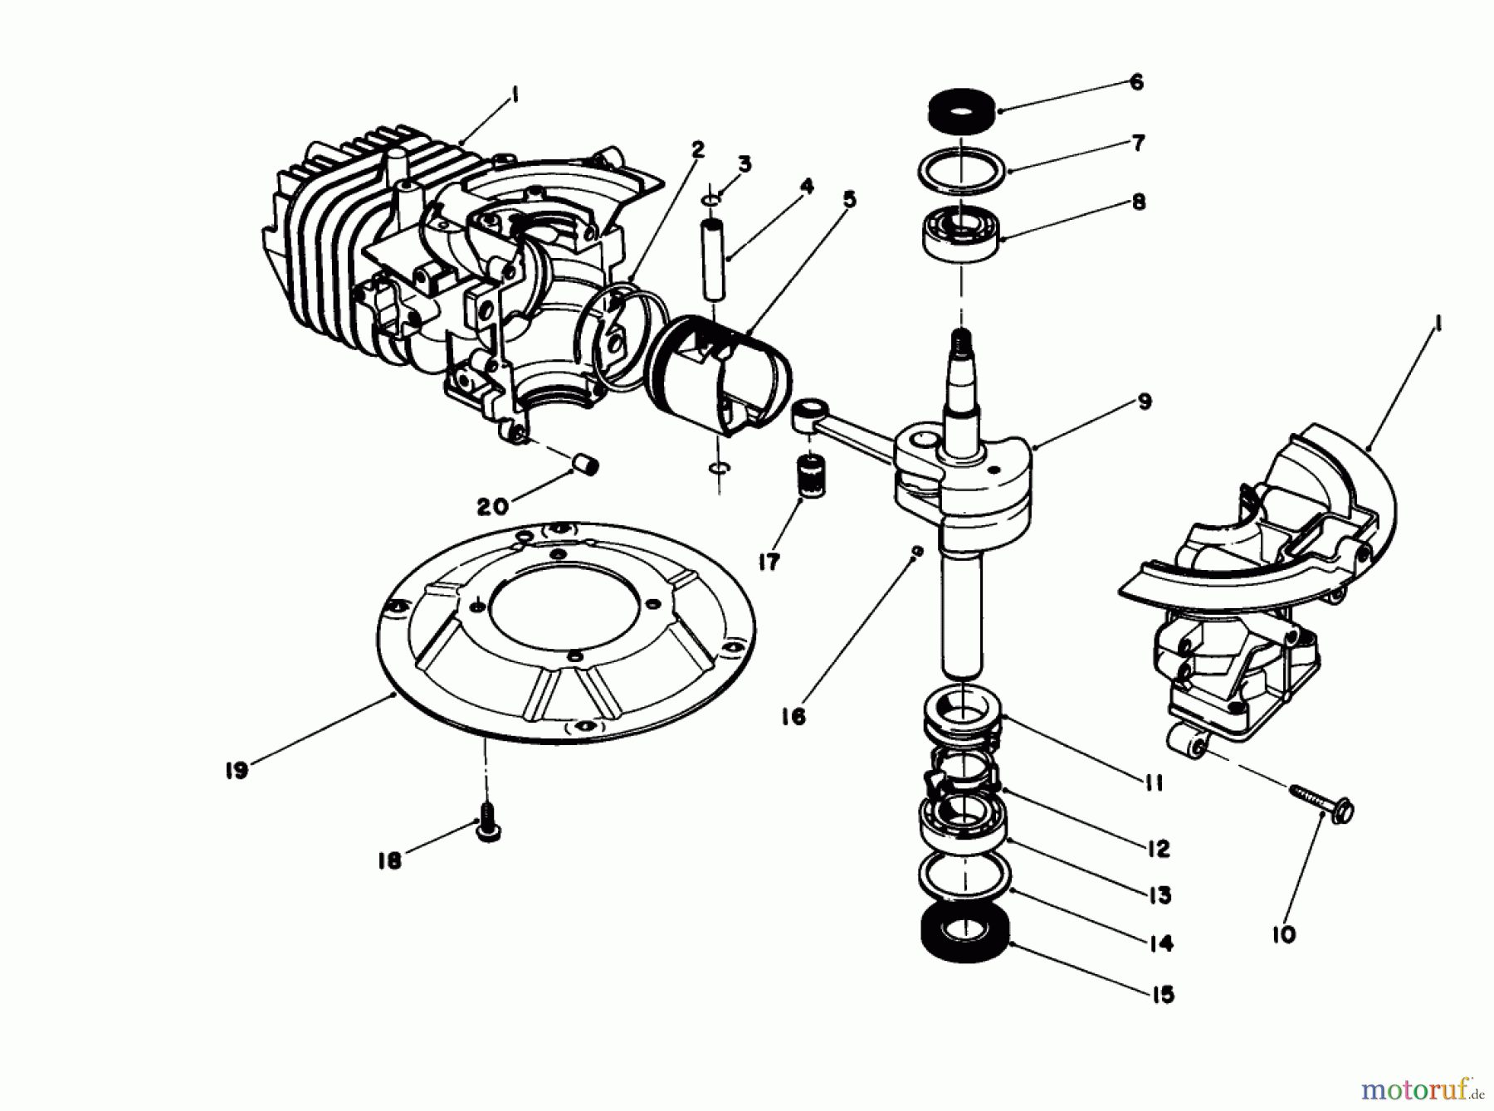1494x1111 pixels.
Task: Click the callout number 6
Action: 1136,81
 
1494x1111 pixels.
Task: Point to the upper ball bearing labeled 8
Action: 961,230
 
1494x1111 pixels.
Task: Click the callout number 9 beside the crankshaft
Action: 1145,402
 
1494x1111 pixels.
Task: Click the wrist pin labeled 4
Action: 713,260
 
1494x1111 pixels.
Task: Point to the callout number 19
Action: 237,770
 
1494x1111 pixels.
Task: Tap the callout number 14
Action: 1161,943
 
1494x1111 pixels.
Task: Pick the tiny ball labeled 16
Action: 916,551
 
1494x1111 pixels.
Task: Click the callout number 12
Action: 1159,848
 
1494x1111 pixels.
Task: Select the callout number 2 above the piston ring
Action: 697,149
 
